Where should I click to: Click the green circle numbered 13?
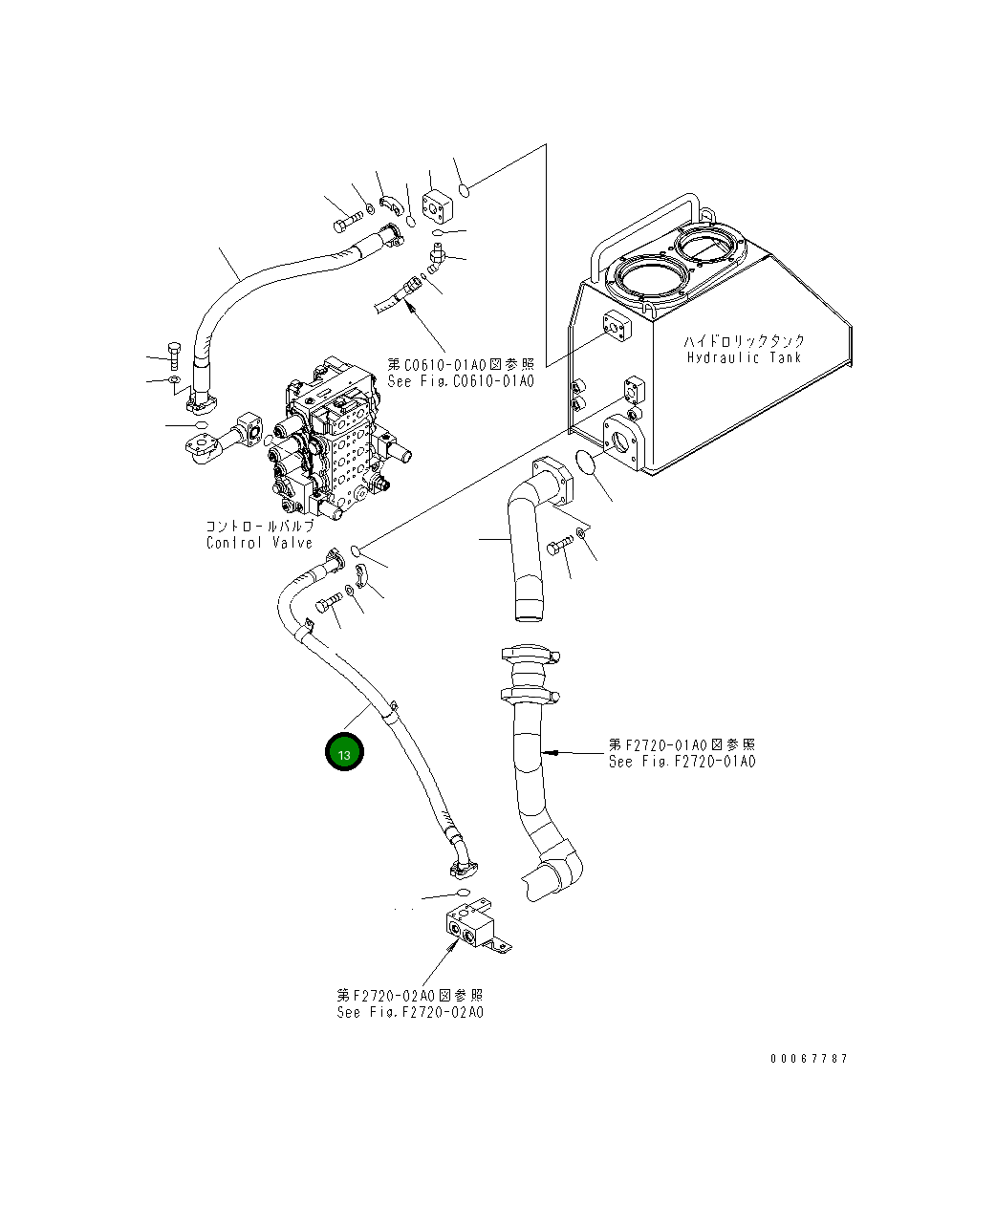tap(344, 753)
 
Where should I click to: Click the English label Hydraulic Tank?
tap(745, 357)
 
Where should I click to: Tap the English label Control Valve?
tap(259, 543)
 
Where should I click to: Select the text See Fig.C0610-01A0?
tap(461, 380)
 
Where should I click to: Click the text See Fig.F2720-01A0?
tap(682, 762)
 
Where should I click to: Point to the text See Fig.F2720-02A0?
tap(410, 1012)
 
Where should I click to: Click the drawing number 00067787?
tap(809, 1059)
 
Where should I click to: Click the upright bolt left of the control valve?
tap(173, 355)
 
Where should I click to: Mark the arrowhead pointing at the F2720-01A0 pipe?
tap(548, 753)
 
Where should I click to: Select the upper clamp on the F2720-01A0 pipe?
tap(527, 655)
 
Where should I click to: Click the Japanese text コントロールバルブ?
tap(259, 527)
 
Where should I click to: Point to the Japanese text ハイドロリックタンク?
tap(745, 340)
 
